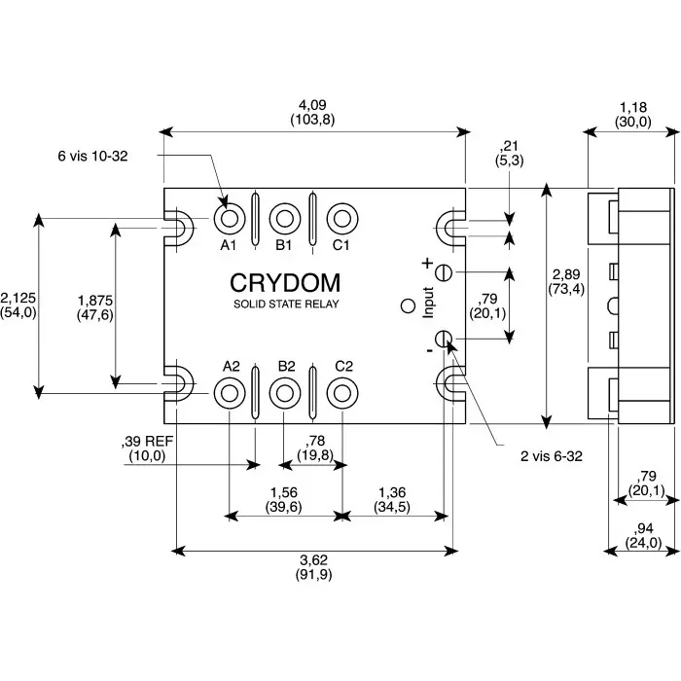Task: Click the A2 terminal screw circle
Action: coord(230,392)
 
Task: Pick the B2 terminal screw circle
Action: coord(284,392)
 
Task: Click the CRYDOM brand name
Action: coord(285,283)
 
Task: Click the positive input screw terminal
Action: coord(444,271)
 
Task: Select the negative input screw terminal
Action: coord(444,339)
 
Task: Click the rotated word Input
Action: coord(427,302)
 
